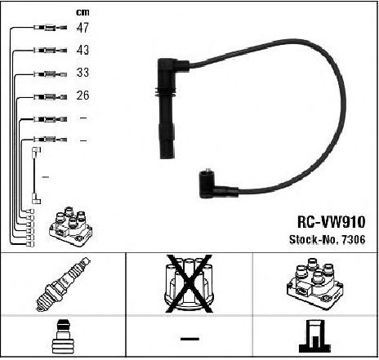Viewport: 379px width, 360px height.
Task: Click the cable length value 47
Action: tap(82, 28)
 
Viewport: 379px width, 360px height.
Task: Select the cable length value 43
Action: tap(82, 50)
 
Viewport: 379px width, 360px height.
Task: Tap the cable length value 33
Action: tap(82, 73)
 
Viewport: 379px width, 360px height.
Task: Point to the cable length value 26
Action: tap(82, 96)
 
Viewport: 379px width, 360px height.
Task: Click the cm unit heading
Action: tap(82, 12)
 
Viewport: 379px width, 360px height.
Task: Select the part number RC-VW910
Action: tap(331, 222)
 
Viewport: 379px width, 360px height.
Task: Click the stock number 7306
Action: tap(353, 239)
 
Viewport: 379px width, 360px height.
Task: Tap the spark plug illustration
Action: tap(63, 284)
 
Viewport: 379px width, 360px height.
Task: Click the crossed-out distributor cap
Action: tap(189, 284)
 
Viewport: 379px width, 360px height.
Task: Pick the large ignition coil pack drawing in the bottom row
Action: tap(314, 284)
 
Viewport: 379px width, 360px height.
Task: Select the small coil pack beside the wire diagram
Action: tap(71, 226)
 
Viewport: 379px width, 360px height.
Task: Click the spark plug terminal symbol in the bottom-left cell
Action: tap(63, 337)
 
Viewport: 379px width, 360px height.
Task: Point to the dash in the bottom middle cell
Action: tap(189, 339)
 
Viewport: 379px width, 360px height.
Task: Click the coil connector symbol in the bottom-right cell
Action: tap(315, 337)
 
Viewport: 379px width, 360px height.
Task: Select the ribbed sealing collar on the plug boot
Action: tap(165, 92)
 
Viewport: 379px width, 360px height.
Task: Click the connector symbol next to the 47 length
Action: tap(50, 28)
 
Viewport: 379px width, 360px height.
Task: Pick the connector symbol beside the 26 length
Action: tap(50, 96)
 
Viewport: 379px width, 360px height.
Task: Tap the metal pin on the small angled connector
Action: tap(208, 170)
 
